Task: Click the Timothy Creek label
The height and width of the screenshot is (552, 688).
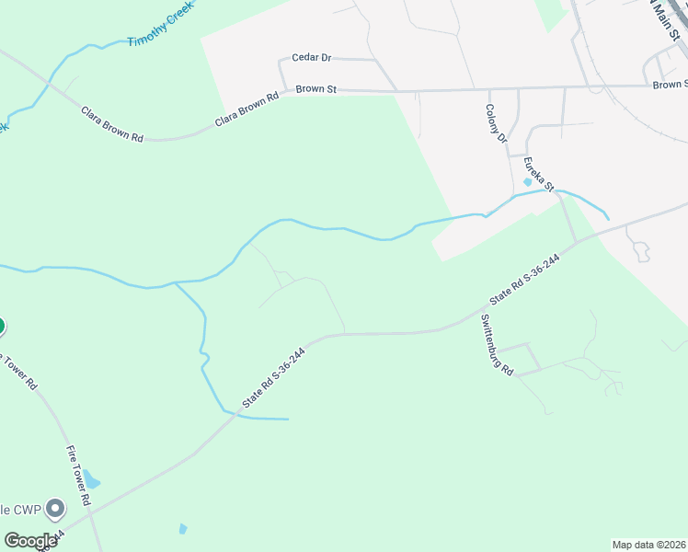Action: [162, 29]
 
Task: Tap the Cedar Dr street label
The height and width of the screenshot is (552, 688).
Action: [311, 57]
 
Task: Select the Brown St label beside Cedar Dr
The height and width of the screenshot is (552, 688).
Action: [316, 89]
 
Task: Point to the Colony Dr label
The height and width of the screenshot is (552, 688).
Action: [497, 123]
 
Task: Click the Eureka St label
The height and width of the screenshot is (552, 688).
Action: [538, 175]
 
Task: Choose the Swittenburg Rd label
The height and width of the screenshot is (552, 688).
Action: [497, 343]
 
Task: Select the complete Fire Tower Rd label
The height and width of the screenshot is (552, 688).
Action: [76, 476]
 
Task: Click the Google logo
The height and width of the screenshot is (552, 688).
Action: [30, 541]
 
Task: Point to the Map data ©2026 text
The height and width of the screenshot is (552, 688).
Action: [648, 544]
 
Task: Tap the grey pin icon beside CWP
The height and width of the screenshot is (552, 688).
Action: [55, 508]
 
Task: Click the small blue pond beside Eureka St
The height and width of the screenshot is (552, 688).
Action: [527, 182]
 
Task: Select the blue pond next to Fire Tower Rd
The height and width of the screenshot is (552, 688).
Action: [92, 480]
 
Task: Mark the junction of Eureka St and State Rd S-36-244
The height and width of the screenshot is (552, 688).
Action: [577, 242]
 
